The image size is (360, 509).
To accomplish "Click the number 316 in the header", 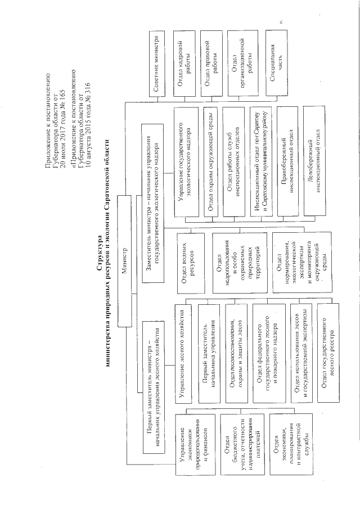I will point(88,90).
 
